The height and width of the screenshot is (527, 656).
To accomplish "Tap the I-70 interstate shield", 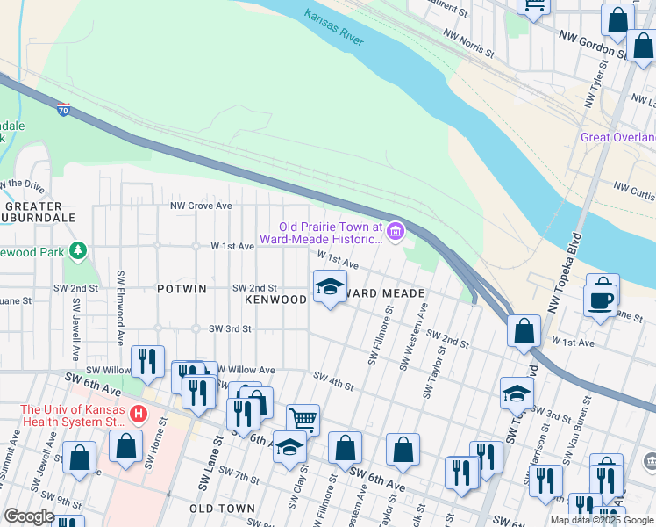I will [63, 110].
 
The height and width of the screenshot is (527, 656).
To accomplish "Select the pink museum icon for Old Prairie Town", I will [396, 232].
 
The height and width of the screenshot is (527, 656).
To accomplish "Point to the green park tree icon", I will [78, 252].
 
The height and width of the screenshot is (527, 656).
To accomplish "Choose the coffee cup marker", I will [602, 298].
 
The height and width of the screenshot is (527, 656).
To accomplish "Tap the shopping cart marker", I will [303, 419].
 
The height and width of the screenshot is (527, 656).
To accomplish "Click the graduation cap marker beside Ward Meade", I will [330, 287].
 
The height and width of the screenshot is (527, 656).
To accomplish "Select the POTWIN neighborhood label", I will [182, 289].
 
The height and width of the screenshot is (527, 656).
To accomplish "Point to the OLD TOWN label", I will [222, 509].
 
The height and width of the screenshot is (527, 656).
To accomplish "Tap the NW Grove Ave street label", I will [201, 206].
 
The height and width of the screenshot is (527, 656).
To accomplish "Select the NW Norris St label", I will [469, 44].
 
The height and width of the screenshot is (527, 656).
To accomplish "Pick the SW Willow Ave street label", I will [245, 371].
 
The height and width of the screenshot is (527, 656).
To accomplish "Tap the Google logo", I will [29, 516].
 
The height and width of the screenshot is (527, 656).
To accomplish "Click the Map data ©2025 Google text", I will [602, 520].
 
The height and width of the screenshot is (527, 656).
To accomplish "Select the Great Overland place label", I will [617, 138].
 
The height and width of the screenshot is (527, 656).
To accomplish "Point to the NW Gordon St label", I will [593, 44].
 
